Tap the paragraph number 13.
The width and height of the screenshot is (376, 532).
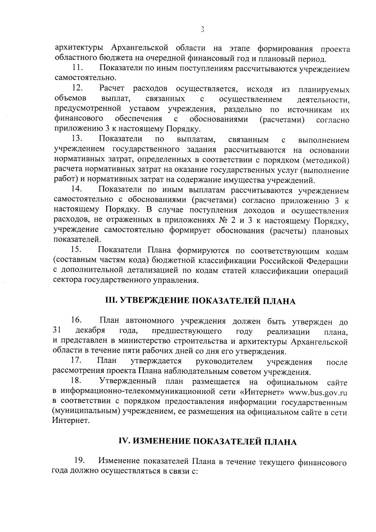pyautogui.click(x=77, y=138)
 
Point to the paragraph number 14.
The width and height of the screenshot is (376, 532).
pyautogui.click(x=77, y=189)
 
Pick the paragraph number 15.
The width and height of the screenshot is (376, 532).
pyautogui.click(x=77, y=250)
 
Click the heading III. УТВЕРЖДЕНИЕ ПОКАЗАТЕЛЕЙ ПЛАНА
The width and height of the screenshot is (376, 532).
pyautogui.click(x=200, y=301)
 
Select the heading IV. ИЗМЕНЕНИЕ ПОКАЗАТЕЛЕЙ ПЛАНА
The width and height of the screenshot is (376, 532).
pyautogui.click(x=207, y=441)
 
